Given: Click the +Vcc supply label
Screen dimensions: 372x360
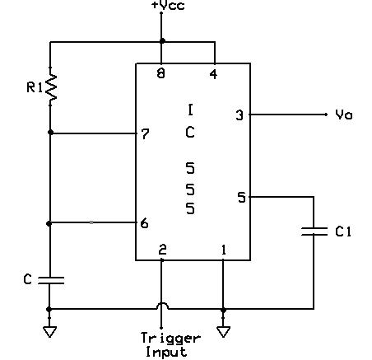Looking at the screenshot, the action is coord(168,6).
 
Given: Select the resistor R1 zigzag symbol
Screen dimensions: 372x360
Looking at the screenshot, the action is coord(51,86).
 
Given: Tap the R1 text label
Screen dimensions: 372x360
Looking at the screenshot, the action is coord(35,87).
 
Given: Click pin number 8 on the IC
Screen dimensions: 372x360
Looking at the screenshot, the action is coord(161,73).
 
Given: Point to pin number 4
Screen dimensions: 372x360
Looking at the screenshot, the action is coord(213,74).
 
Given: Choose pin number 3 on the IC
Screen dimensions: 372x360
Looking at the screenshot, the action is coord(239,115).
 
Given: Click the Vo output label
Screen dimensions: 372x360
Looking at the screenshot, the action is coord(344,114).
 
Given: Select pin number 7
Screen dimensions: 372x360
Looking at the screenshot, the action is coord(145,133).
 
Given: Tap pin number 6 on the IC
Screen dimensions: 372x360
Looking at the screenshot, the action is coord(144,223).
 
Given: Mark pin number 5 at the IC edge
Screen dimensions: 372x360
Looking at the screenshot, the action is coord(242,198).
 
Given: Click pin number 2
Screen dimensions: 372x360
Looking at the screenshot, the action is coord(162,249).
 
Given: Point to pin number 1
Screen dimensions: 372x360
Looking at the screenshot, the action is coord(224,250).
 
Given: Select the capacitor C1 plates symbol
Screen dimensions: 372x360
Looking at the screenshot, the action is coord(314,231).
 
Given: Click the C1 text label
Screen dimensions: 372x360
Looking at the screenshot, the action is coord(343,231).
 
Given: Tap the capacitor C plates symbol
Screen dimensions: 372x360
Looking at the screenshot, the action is coord(51,280).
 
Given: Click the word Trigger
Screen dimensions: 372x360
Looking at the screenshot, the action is coord(170,338).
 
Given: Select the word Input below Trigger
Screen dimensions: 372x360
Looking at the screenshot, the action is coord(166,352).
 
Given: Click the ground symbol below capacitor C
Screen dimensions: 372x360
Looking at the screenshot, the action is coord(49,332).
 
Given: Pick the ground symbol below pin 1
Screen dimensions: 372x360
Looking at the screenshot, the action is coord(224,332).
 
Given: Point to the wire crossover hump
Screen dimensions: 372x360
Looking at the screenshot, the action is coord(162,303).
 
